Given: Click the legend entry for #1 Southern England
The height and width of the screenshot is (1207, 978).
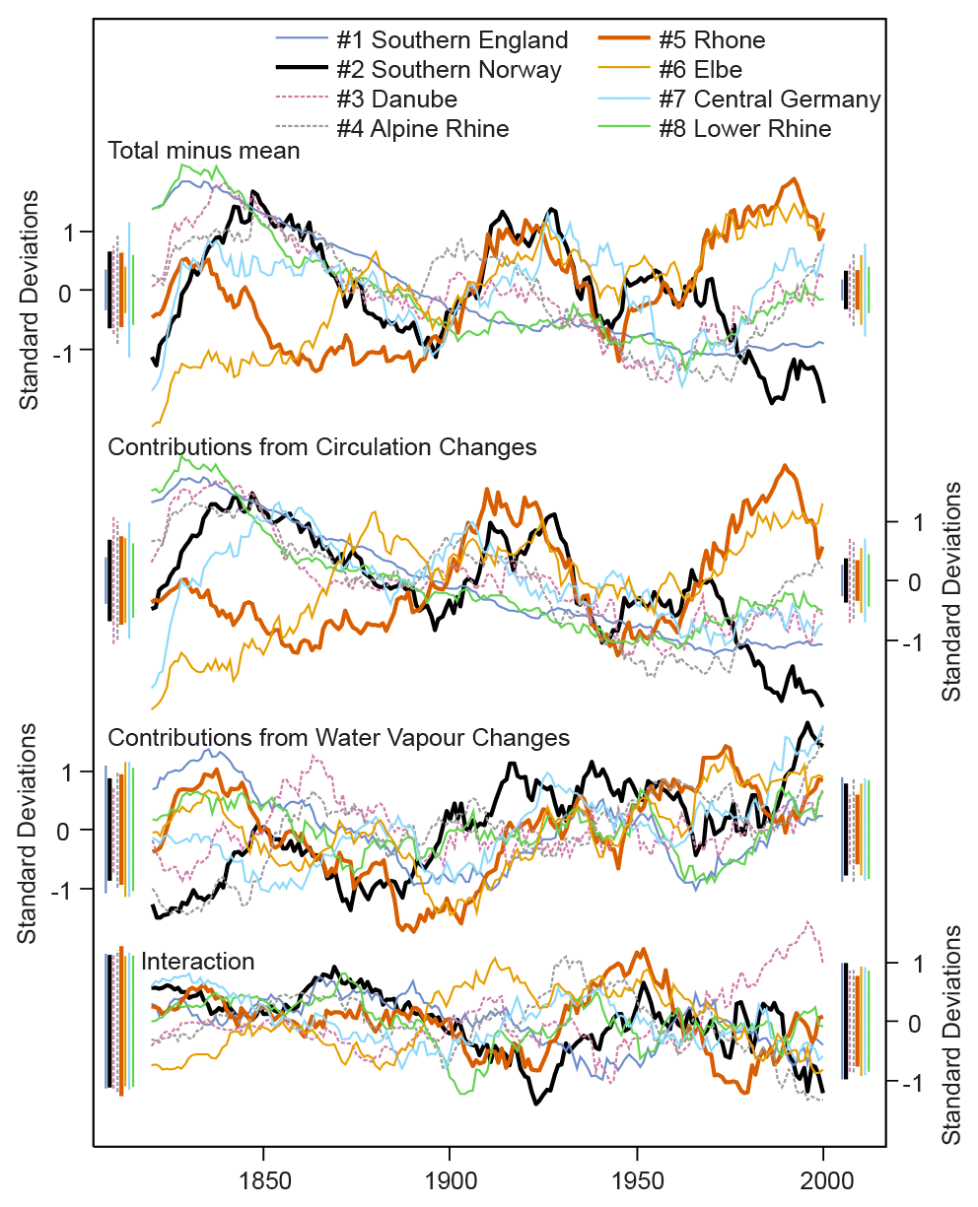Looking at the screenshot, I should (x=452, y=40).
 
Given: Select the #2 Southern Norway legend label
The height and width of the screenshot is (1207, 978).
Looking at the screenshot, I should (x=449, y=70).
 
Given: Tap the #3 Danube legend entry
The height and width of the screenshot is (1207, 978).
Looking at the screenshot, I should (x=396, y=100).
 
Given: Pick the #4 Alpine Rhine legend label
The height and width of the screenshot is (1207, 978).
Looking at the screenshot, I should (x=422, y=129).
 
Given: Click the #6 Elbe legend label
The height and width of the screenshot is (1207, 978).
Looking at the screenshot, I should (x=701, y=70).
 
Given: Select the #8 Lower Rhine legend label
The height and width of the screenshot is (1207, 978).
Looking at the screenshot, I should (x=745, y=129).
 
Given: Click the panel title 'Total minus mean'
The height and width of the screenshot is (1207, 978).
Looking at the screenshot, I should (x=204, y=152).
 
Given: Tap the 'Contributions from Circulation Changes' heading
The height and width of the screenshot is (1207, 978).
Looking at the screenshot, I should (x=321, y=447).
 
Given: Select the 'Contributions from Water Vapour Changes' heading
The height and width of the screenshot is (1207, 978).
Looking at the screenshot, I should (x=338, y=738).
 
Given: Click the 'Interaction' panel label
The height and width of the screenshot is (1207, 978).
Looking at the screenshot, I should (x=198, y=962).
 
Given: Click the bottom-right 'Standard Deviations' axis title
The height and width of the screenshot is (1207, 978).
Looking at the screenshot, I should (x=951, y=1035).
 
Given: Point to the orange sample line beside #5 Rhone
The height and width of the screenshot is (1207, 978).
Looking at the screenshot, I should (x=623, y=40).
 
